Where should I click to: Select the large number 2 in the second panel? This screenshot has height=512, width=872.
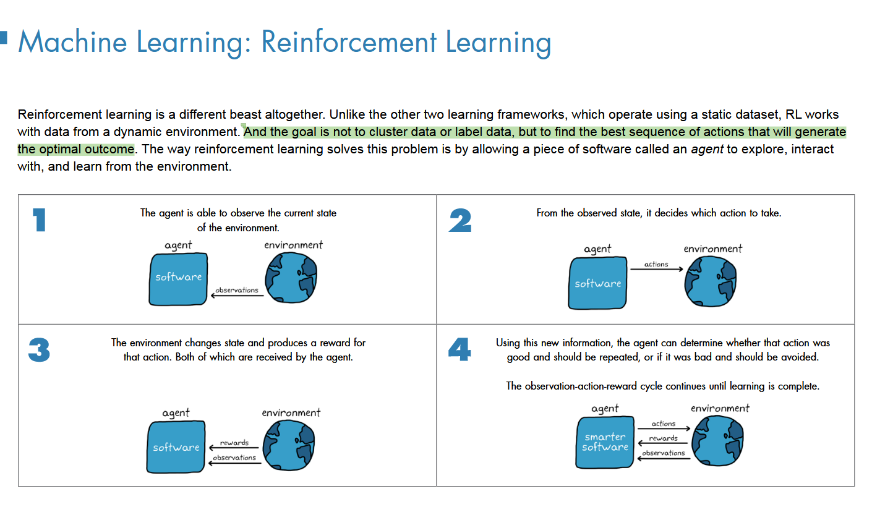(x=460, y=220)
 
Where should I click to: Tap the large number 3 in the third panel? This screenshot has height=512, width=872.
(x=39, y=349)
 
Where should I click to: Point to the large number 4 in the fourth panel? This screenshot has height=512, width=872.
(x=459, y=349)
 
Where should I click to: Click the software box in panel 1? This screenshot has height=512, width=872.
(x=178, y=279)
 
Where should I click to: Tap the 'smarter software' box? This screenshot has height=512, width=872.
(x=605, y=442)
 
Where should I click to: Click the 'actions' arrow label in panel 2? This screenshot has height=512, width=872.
(x=656, y=264)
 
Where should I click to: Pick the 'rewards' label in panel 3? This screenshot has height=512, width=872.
(x=234, y=443)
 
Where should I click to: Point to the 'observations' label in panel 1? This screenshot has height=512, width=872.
(x=237, y=290)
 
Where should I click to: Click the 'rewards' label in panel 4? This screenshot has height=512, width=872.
(x=663, y=438)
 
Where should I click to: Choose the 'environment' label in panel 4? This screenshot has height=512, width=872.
(x=720, y=408)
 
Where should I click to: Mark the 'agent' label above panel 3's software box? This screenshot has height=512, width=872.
(x=176, y=412)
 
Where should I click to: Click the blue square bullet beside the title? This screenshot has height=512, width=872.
(x=4, y=36)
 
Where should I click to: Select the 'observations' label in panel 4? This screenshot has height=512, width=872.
(x=664, y=453)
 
